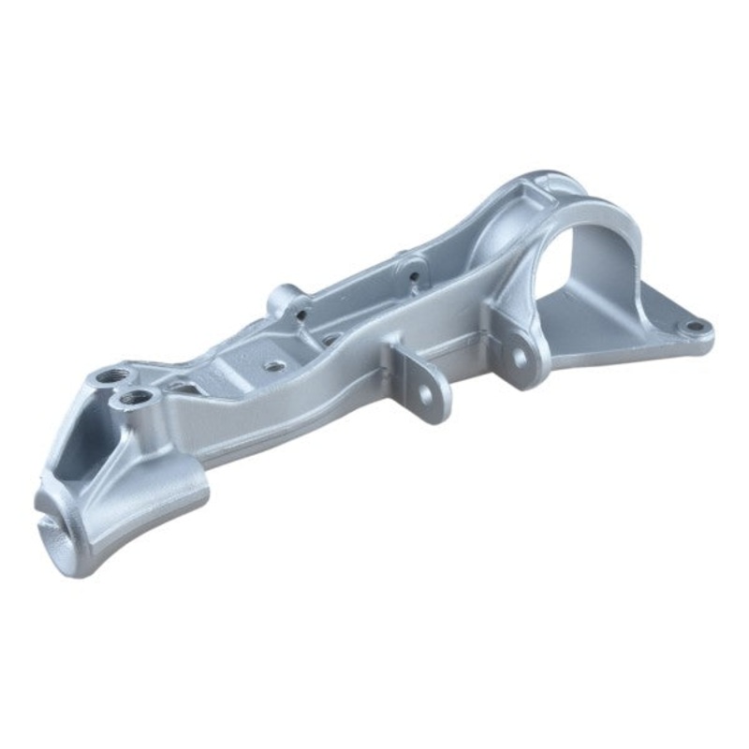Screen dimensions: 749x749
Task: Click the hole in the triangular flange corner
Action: (694, 327)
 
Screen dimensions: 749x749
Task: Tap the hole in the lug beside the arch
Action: (514, 357)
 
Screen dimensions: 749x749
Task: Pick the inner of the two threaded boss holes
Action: (136, 400)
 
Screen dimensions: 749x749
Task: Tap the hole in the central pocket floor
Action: (275, 367)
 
